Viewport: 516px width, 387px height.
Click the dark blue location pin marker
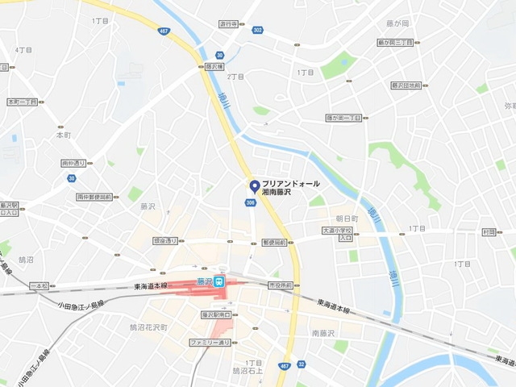(255, 185)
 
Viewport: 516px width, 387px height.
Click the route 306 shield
(252, 202)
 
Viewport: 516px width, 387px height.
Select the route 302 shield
(257, 30)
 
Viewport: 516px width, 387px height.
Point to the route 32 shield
(301, 364)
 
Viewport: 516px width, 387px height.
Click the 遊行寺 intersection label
(228, 24)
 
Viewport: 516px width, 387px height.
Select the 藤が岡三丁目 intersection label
(394, 42)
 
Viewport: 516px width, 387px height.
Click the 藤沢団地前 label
(406, 85)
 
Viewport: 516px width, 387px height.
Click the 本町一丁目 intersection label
(23, 102)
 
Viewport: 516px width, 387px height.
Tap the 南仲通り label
(73, 163)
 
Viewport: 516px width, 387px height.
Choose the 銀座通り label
(165, 240)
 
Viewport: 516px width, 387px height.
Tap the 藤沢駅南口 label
(216, 314)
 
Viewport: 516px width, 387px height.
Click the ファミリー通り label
(210, 343)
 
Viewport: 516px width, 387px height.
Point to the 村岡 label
(489, 231)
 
